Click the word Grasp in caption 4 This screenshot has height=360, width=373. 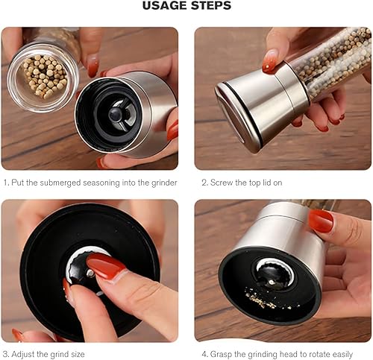point(224,353)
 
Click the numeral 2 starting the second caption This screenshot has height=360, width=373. point(204,182)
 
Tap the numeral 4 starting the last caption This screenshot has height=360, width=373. point(204,353)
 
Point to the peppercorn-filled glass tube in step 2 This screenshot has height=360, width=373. point(332,63)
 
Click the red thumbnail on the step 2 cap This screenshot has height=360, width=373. point(269,62)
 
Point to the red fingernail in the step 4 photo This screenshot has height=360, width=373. point(321,221)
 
